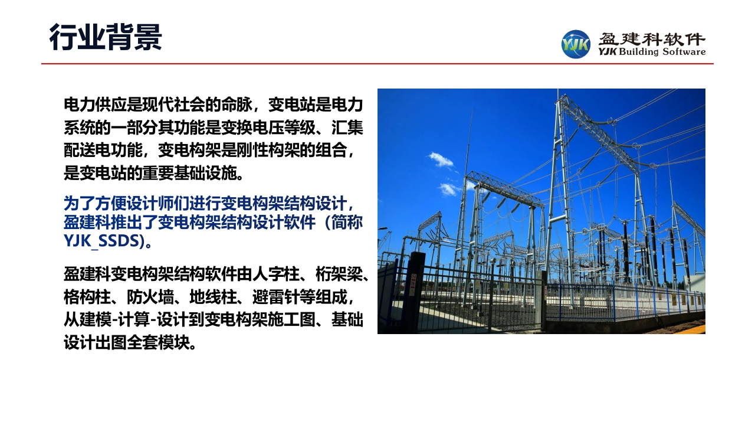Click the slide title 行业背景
[106, 37]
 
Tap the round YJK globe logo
[576, 44]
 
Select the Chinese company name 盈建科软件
[652, 39]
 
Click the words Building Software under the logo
[662, 51]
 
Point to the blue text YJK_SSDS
[101, 241]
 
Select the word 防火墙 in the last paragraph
[150, 297]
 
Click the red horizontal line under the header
[377, 63]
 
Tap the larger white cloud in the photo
[441, 159]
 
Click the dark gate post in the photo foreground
[415, 291]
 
